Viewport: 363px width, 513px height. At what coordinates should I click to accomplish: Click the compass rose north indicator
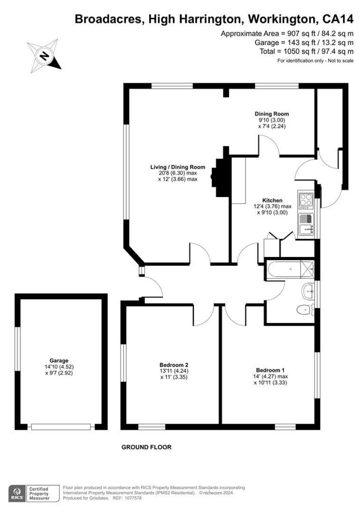click(44, 56)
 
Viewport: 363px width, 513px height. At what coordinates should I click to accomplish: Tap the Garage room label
click(59, 361)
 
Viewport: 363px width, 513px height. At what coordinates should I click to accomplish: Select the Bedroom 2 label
click(174, 365)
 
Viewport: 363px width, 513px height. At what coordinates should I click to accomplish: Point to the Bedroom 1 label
click(270, 370)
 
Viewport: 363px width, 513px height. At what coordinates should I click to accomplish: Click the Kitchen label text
click(272, 200)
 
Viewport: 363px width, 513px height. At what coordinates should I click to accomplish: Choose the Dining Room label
click(272, 114)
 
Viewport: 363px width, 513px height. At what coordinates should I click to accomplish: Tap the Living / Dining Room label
click(178, 167)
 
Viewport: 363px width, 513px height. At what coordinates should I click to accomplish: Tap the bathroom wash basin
click(308, 291)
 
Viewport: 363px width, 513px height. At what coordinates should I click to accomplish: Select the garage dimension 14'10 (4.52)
click(59, 367)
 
